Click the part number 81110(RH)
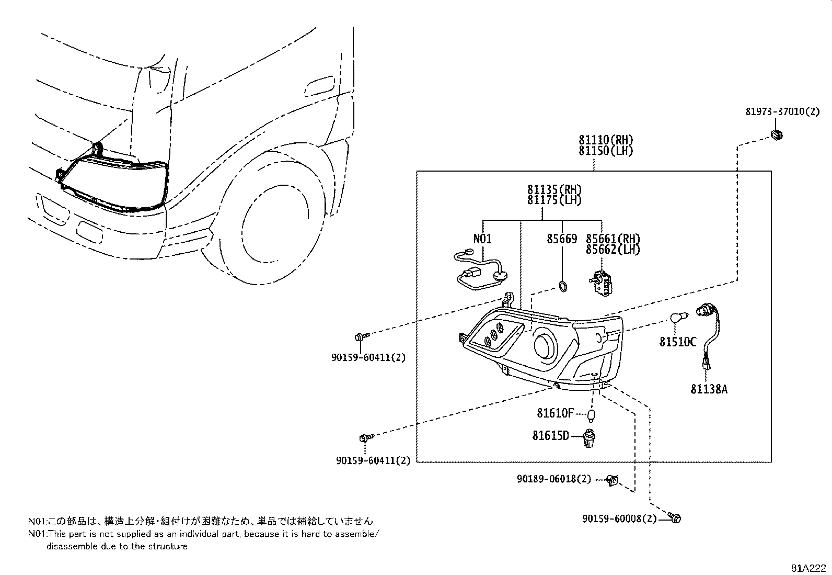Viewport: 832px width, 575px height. coord(606,140)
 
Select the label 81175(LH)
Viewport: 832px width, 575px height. coord(554,200)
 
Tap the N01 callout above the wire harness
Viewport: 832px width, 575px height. coord(482,239)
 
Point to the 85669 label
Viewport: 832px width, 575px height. coord(562,239)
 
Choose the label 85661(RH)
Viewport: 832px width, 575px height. coord(613,239)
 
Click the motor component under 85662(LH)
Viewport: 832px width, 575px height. coord(604,283)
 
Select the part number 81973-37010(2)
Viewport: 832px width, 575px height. coord(782,111)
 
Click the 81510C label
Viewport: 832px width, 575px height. coord(678,342)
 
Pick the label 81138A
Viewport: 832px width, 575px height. coord(709,389)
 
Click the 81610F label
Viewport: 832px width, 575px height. coord(555,413)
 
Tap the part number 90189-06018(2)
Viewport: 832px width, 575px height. coord(554,479)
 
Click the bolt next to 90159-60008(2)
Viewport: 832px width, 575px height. coord(675,518)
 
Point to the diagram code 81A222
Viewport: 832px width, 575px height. coord(808,568)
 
